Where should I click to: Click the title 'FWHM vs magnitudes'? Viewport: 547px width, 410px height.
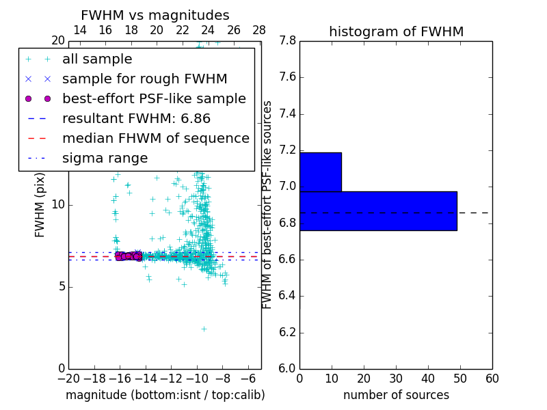[155, 15]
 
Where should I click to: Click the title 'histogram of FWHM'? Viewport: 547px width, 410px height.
[396, 31]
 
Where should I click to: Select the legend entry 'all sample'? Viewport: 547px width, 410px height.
[97, 59]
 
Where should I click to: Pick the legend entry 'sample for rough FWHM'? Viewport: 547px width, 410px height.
[144, 79]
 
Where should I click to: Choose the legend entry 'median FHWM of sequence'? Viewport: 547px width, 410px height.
[155, 138]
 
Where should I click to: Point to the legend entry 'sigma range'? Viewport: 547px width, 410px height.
[105, 158]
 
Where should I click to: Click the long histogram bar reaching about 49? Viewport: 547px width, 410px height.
[378, 211]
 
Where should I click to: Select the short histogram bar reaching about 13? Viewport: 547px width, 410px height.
[320, 172]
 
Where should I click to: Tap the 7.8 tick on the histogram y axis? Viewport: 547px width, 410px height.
[286, 41]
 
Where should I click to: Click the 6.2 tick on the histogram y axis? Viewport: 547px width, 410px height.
[286, 333]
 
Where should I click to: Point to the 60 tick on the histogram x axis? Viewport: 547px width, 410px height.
[492, 379]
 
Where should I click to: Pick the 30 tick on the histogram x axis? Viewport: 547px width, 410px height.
[396, 379]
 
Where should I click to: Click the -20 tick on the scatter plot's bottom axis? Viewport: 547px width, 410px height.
[68, 379]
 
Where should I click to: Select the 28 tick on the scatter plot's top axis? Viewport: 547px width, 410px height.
[259, 30]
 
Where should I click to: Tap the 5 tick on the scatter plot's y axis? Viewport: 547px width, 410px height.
[60, 286]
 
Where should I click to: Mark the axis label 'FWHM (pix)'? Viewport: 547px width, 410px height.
[40, 204]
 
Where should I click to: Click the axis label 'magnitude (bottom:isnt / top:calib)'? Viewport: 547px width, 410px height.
[165, 395]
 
